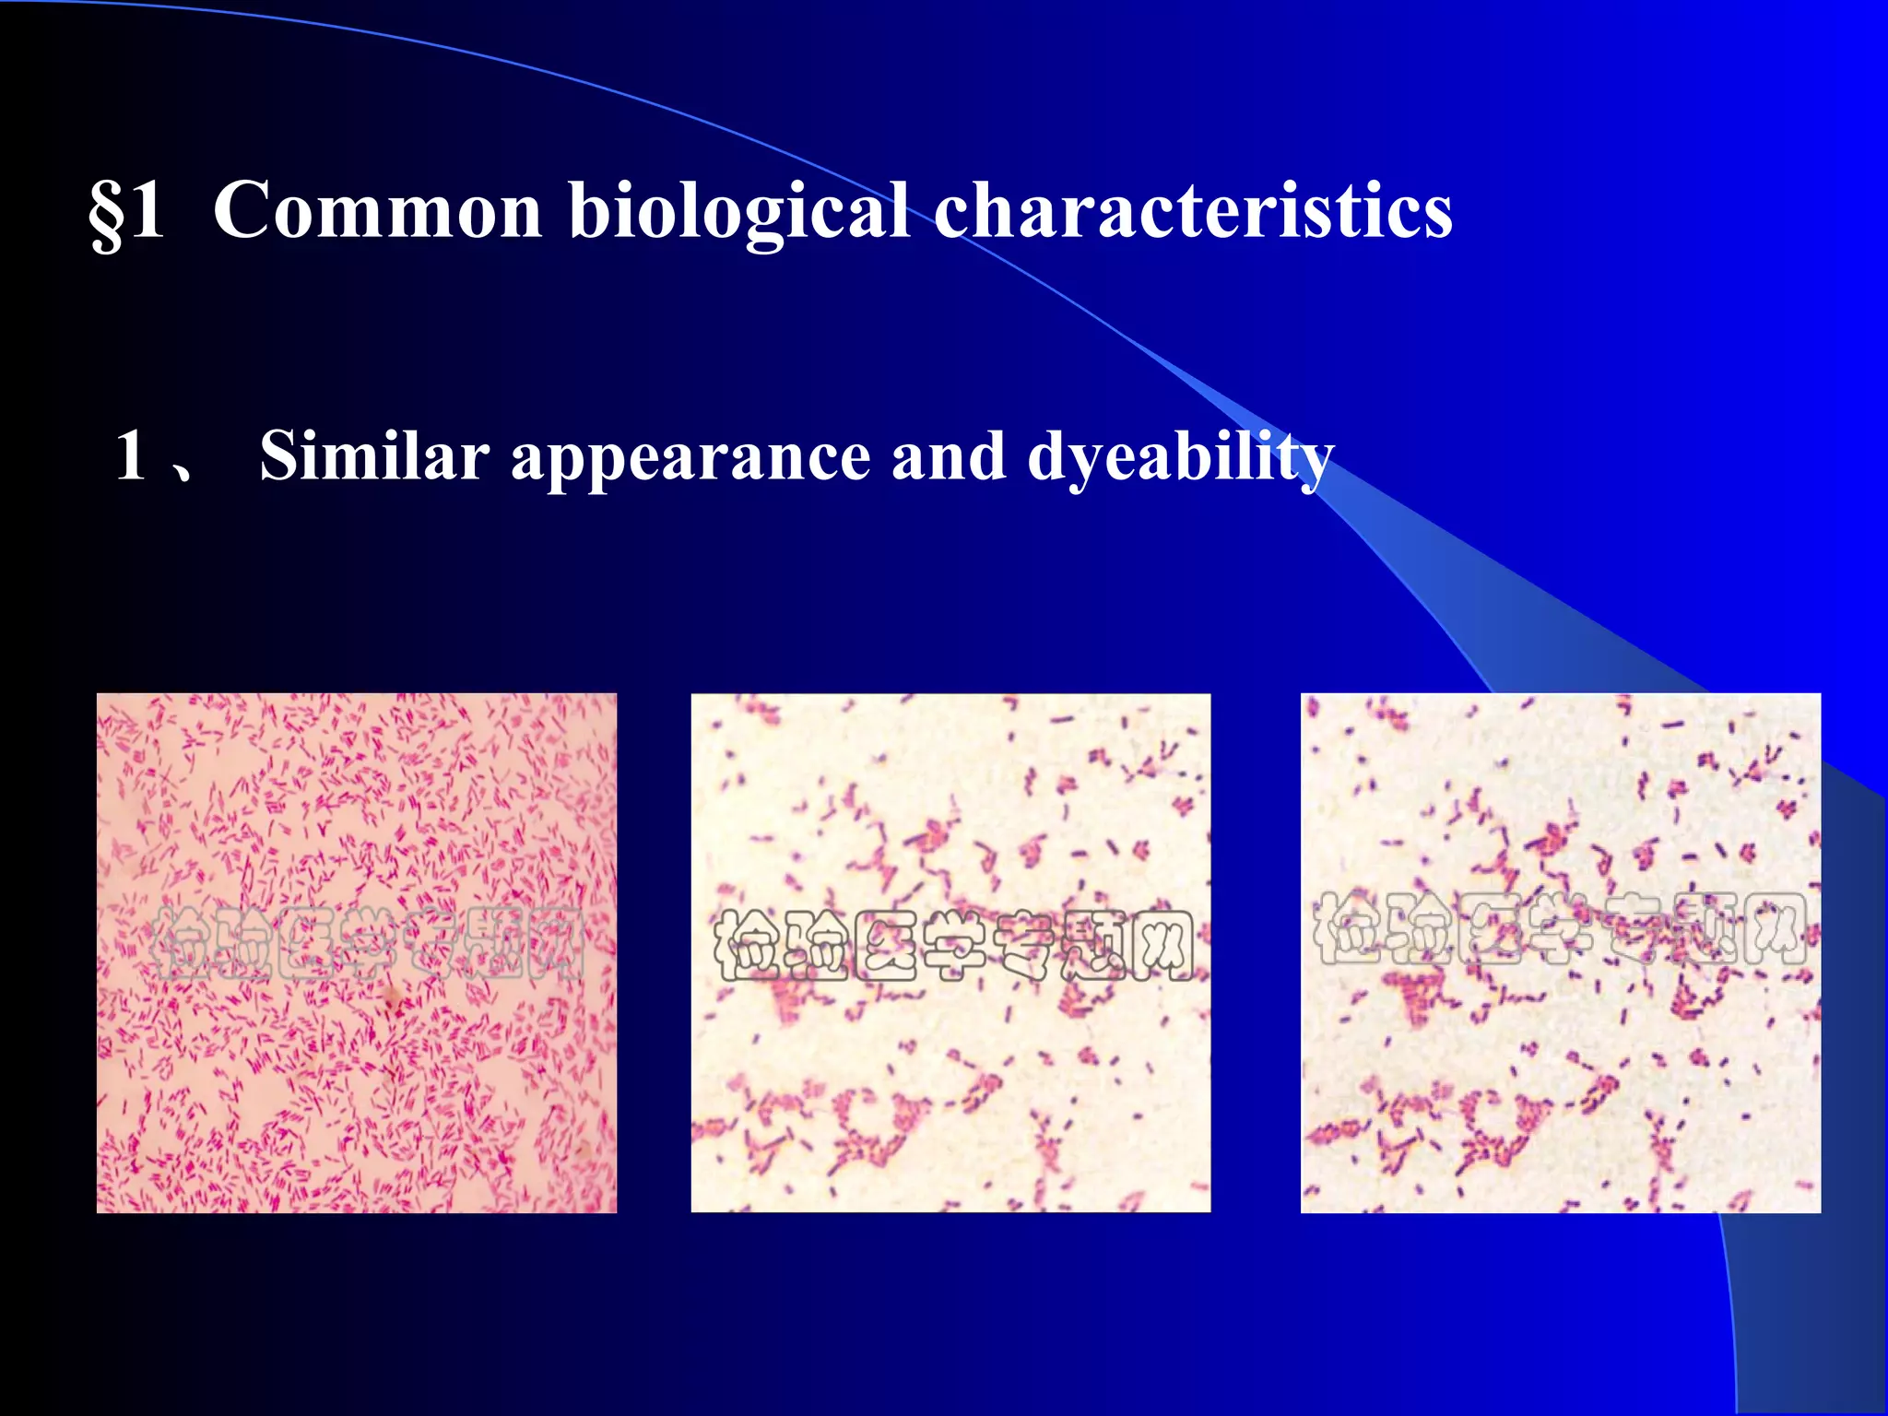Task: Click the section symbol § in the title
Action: click(x=107, y=213)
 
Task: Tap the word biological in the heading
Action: click(x=738, y=213)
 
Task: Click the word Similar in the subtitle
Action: click(x=373, y=455)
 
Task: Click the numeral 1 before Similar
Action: click(x=132, y=455)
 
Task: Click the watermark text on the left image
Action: click(x=369, y=942)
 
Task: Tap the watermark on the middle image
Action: click(x=953, y=945)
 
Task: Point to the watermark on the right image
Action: click(x=1558, y=929)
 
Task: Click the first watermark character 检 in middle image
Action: click(x=747, y=945)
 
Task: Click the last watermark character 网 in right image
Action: click(x=1776, y=929)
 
